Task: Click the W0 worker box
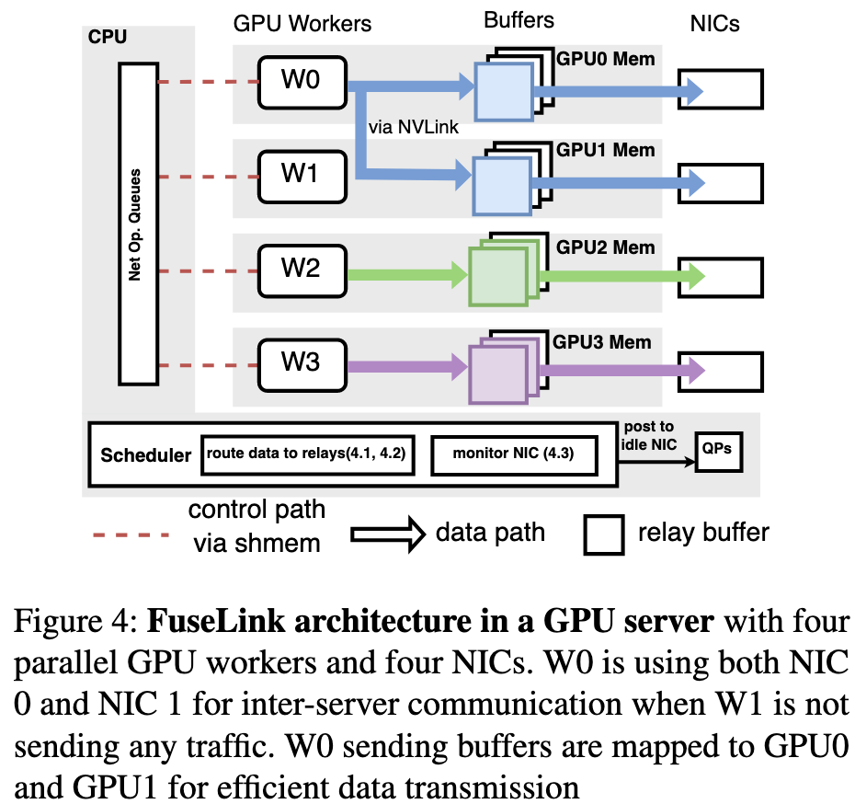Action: point(301,82)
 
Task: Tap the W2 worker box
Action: point(301,270)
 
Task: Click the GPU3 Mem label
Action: point(602,342)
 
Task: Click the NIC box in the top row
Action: point(720,89)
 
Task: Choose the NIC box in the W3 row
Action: point(720,370)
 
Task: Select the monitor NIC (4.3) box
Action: point(515,454)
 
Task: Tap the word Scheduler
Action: point(146,454)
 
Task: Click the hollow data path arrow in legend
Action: point(387,532)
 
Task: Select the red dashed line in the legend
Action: point(130,534)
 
